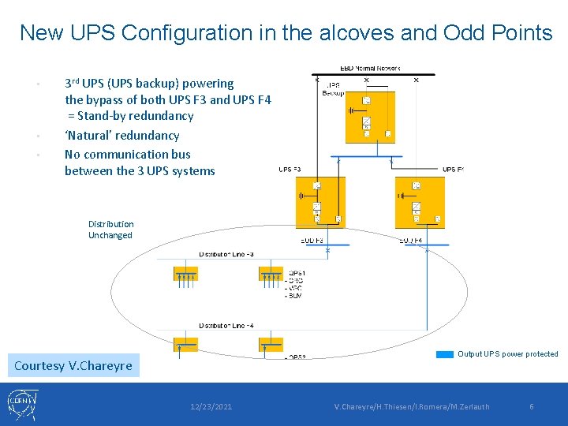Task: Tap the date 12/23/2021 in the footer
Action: [x=211, y=406]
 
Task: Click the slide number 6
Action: [x=532, y=406]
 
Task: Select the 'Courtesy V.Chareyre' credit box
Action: [x=73, y=365]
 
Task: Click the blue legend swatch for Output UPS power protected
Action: [x=445, y=354]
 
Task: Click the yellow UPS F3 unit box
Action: [x=320, y=202]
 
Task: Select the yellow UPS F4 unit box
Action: [x=419, y=202]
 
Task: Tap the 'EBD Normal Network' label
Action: [x=370, y=69]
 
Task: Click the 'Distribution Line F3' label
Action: [x=226, y=254]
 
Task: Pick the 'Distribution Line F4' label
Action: [x=226, y=325]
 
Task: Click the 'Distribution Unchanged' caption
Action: [x=110, y=230]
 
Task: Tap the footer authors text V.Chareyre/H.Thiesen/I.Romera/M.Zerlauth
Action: [x=412, y=406]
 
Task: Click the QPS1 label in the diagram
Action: [x=297, y=273]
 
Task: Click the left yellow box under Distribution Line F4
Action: [x=185, y=344]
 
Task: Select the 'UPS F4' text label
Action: [x=453, y=169]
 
